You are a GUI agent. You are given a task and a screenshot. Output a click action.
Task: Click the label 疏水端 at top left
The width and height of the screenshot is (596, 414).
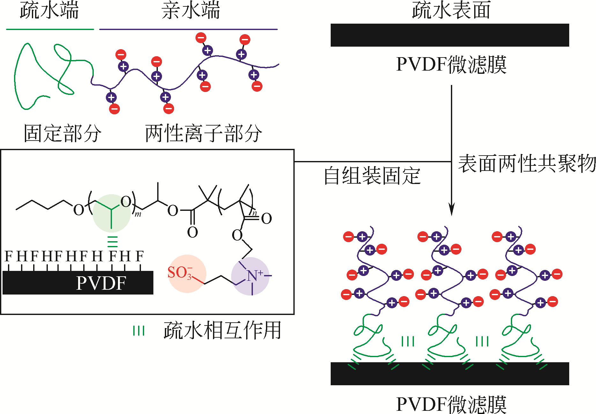pyautogui.click(x=49, y=10)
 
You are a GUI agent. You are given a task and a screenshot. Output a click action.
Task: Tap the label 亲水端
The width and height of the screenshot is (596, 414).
pyautogui.click(x=190, y=10)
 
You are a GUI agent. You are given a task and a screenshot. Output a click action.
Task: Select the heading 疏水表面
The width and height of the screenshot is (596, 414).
pyautogui.click(x=451, y=10)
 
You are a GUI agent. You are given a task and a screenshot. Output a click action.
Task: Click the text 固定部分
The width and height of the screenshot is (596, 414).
pyautogui.click(x=63, y=133)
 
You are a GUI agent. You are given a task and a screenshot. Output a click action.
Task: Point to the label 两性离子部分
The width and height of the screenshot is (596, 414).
pyautogui.click(x=203, y=133)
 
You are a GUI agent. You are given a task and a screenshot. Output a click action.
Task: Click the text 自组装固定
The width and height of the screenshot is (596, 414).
pyautogui.click(x=372, y=176)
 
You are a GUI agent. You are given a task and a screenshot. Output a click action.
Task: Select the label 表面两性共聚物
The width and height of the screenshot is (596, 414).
pyautogui.click(x=527, y=164)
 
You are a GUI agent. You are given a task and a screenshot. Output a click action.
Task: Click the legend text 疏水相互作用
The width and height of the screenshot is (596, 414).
pyautogui.click(x=222, y=330)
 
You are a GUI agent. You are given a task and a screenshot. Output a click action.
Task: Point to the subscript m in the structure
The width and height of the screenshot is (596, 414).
pyautogui.click(x=138, y=214)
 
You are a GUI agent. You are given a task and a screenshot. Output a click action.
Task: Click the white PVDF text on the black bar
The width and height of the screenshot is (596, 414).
pyautogui.click(x=101, y=283)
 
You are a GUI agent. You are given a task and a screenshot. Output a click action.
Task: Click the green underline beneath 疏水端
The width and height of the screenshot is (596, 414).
pyautogui.click(x=50, y=29)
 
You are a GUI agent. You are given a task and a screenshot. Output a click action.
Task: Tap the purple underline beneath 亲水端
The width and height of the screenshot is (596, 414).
pyautogui.click(x=188, y=29)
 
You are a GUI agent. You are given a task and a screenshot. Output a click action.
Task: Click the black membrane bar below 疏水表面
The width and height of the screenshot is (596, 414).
pyautogui.click(x=450, y=35)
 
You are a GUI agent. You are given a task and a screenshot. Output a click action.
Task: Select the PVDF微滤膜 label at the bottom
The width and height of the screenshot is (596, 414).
pyautogui.click(x=451, y=404)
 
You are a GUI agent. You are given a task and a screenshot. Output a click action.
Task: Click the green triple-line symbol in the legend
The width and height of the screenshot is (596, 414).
pyautogui.click(x=139, y=331)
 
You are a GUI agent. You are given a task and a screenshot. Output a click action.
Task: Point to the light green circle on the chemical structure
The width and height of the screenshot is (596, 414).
pyautogui.click(x=111, y=213)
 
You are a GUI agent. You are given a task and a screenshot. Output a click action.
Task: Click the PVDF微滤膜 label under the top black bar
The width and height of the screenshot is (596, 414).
pyautogui.click(x=451, y=65)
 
